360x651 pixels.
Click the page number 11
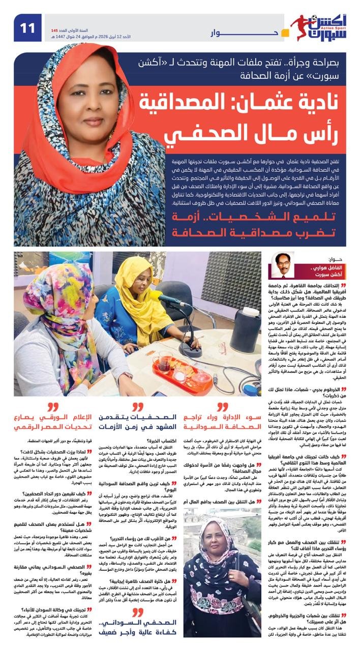(x=28, y=28)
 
